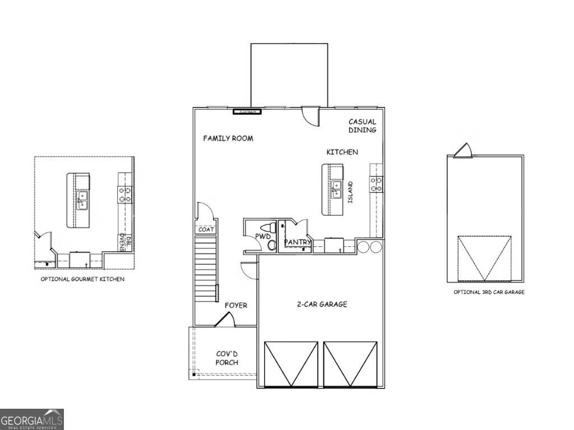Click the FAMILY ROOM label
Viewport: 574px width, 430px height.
(x=228, y=138)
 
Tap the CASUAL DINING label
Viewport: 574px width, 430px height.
(x=362, y=125)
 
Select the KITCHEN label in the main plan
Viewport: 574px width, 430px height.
(x=342, y=152)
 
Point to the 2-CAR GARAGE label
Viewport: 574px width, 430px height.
(x=322, y=305)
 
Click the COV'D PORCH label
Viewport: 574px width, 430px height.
(x=227, y=358)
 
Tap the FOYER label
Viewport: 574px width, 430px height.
(x=236, y=305)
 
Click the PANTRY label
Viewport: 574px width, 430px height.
(x=298, y=242)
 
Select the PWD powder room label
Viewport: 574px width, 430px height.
(x=263, y=237)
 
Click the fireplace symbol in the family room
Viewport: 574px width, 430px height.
(x=247, y=111)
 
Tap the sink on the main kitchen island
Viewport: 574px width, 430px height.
(x=336, y=190)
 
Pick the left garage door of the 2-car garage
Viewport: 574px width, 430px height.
(x=291, y=363)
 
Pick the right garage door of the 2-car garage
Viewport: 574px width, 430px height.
(x=351, y=363)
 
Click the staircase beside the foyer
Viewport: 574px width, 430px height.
(x=206, y=269)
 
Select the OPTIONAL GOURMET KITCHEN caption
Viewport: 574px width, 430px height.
(x=82, y=279)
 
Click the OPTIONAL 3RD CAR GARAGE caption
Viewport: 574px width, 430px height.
(x=489, y=292)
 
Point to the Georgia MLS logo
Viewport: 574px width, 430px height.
(x=32, y=419)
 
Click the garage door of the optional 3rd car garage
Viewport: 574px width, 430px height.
(x=484, y=258)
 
